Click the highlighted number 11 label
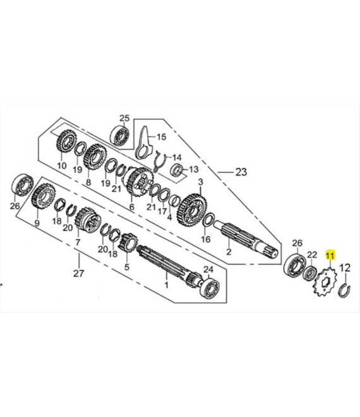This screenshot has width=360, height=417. (331, 255)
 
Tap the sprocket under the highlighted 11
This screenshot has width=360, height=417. (325, 282)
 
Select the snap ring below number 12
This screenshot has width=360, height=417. (345, 291)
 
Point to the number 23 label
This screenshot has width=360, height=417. (241, 172)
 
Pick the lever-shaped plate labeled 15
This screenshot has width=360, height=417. (144, 145)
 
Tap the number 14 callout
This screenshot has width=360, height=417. (177, 157)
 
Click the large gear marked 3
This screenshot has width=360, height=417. (193, 210)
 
